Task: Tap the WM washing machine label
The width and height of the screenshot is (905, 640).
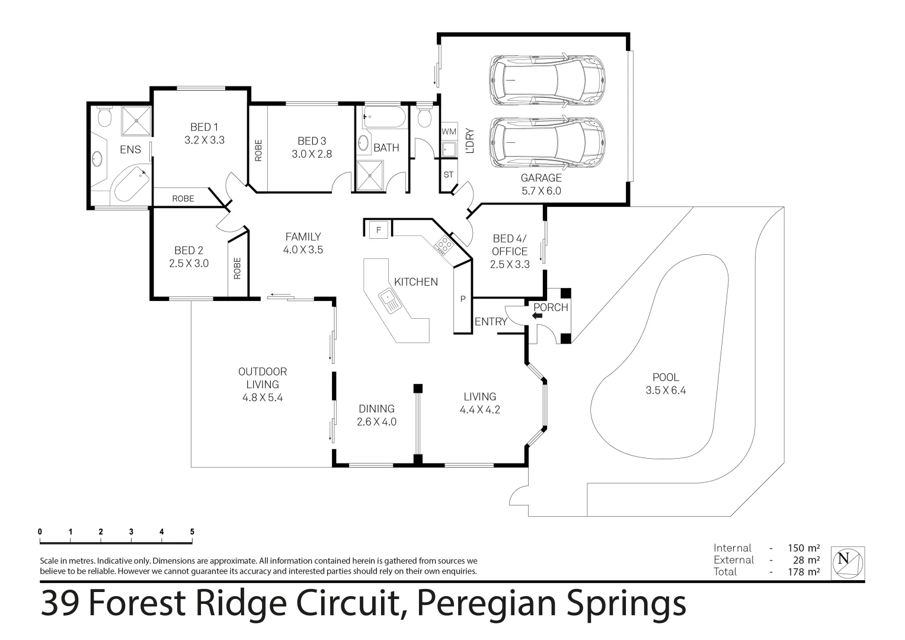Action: point(449,131)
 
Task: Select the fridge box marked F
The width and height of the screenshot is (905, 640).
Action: point(378,229)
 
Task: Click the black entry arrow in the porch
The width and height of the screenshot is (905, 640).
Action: point(538,316)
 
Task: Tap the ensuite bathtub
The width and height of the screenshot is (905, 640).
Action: point(130,184)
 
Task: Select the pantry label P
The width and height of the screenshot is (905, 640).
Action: point(463,299)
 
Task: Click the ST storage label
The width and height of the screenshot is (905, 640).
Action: point(448,175)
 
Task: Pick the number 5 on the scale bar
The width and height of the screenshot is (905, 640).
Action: point(192,532)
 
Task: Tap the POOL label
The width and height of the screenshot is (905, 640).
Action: point(666,377)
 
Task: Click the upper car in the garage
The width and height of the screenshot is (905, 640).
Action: point(547,79)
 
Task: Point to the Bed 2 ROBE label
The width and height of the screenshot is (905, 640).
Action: point(237,268)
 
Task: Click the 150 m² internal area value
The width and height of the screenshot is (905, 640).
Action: point(804,548)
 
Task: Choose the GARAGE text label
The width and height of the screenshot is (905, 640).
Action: point(541,178)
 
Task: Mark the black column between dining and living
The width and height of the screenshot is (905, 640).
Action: point(418,388)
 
